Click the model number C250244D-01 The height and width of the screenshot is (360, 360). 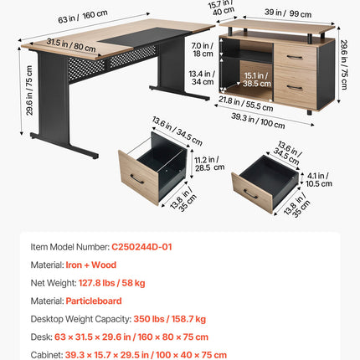(141, 247)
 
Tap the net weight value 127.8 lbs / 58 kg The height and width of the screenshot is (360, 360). (111, 283)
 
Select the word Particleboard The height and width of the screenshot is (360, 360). (94, 301)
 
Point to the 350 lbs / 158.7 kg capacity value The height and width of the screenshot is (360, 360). (169, 319)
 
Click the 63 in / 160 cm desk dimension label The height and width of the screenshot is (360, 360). (83, 17)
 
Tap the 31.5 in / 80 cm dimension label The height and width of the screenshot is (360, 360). (71, 45)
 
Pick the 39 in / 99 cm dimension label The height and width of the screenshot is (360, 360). (288, 13)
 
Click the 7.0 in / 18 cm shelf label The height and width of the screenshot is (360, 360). (203, 49)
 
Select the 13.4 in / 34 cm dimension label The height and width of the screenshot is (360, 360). (202, 78)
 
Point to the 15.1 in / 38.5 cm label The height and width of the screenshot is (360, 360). (257, 80)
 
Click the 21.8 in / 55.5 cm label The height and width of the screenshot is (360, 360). (245, 104)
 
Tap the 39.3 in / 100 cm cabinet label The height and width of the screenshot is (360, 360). (258, 121)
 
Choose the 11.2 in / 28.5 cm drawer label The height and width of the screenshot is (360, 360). (209, 163)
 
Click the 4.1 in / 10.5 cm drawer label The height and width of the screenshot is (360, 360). (319, 180)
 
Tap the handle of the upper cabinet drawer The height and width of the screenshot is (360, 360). (295, 58)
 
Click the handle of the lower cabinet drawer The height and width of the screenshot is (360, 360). (295, 88)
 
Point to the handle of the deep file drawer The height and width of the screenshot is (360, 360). (137, 179)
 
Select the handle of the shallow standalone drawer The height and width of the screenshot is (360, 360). (250, 194)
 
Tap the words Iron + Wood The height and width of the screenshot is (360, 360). (91, 265)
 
